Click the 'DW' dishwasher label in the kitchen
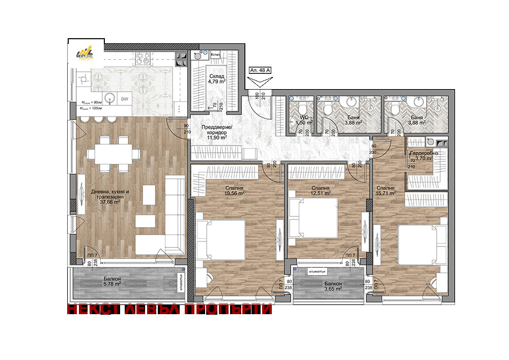[124, 99]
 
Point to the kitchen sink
[109, 98]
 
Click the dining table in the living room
[112, 153]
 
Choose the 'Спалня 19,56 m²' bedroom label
[235, 190]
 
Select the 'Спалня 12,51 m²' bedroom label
[322, 190]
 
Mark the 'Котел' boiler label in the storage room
[215, 53]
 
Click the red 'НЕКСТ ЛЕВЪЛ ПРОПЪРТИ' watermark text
[169, 310]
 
